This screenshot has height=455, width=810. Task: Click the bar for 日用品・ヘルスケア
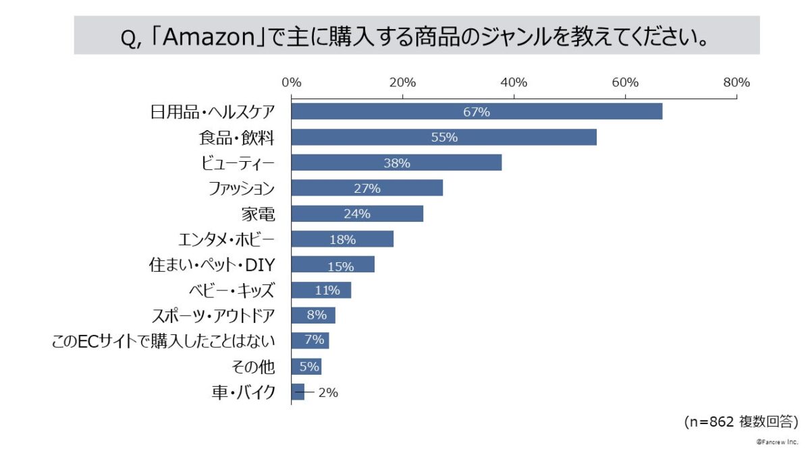pyautogui.click(x=477, y=112)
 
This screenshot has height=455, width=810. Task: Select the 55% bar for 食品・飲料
pyautogui.click(x=443, y=138)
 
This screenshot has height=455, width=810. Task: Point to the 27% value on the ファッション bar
pyautogui.click(x=367, y=189)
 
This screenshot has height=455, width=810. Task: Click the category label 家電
pyautogui.click(x=258, y=214)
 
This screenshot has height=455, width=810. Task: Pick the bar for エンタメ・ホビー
pyautogui.click(x=342, y=239)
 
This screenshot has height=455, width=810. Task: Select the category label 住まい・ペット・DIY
pyautogui.click(x=211, y=265)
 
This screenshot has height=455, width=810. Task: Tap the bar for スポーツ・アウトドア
pyautogui.click(x=313, y=315)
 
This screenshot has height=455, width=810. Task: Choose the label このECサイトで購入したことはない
pyautogui.click(x=163, y=341)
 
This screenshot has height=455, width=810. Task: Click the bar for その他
pyautogui.click(x=306, y=367)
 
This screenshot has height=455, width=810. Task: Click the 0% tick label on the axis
pyautogui.click(x=291, y=83)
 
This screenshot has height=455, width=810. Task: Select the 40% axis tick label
pyautogui.click(x=514, y=83)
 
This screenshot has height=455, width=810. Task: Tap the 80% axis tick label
pyautogui.click(x=736, y=83)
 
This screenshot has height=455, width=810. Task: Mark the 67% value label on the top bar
pyautogui.click(x=477, y=112)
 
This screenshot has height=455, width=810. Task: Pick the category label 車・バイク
pyautogui.click(x=243, y=392)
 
